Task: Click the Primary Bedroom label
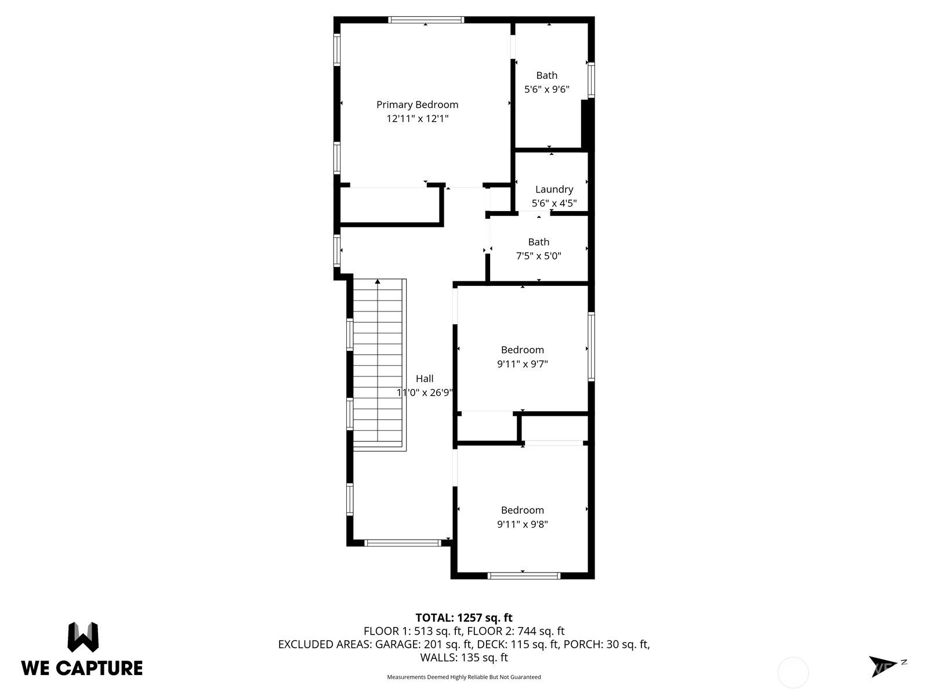click(417, 105)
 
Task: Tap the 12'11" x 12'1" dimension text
click(417, 119)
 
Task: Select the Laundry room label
click(554, 190)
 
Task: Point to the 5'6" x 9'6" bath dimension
click(547, 89)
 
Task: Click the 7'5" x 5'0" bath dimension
click(539, 256)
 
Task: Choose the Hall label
click(425, 379)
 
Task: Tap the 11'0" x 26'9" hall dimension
click(425, 393)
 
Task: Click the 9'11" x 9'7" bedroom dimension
click(523, 364)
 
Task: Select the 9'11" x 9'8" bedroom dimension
click(523, 524)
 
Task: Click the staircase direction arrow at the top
click(378, 281)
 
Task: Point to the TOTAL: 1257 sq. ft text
click(464, 618)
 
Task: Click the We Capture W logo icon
click(83, 637)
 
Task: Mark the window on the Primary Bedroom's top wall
click(426, 20)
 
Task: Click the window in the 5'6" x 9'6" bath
click(591, 80)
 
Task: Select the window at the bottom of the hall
click(403, 543)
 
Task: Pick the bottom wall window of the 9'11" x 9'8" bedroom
click(524, 575)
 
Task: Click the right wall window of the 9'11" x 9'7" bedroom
click(591, 346)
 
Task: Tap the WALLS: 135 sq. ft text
click(464, 658)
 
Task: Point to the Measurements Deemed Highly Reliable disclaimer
click(464, 677)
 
